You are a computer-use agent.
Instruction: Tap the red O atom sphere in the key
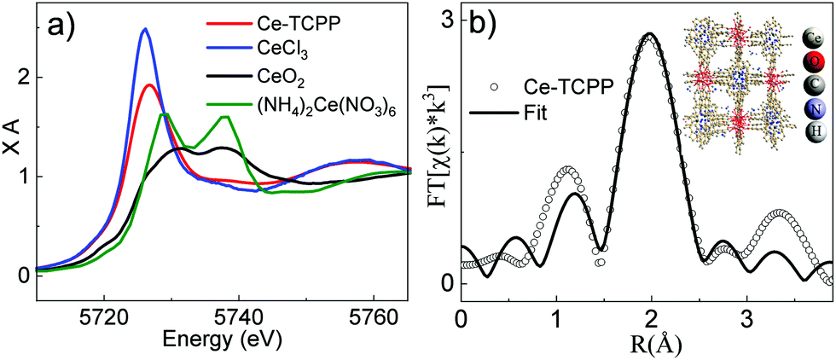coord(816,63)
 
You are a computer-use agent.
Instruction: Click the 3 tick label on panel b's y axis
coord(446,19)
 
